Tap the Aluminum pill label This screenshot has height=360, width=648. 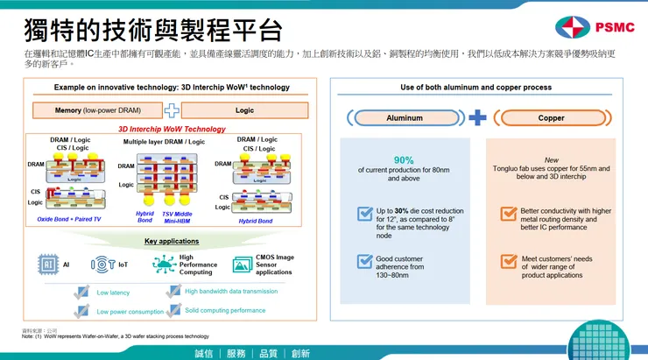pos(404,117)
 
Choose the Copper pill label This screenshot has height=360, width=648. pos(551,117)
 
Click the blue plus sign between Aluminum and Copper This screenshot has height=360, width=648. pos(477,117)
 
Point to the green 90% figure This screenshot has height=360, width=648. pos(404,159)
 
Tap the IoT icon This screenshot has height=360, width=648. pos(102,264)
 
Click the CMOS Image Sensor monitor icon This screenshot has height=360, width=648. pos(242,264)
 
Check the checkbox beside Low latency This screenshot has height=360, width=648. pos(82,292)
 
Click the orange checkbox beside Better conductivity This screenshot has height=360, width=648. pos(508,214)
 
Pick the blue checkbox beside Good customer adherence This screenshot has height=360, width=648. pos(364,261)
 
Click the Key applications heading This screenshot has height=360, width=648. pos(172,241)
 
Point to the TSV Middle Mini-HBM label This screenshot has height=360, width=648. pos(176,217)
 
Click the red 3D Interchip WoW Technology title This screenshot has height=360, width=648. pos(172,128)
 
